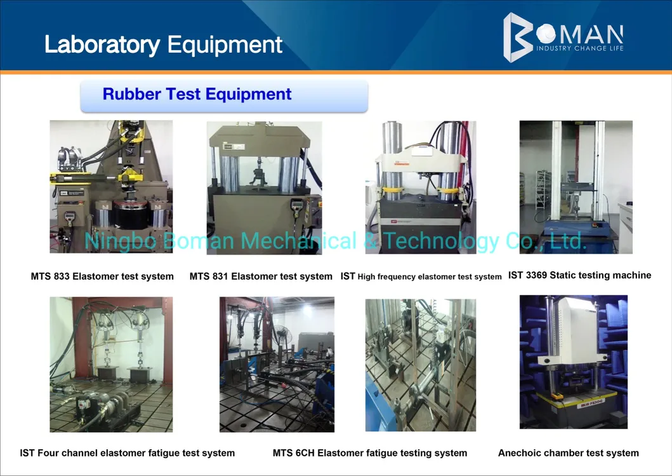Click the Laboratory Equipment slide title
coord(163,45)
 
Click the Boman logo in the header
coord(563,37)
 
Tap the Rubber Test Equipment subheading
coord(197,94)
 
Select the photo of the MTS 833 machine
coord(112,187)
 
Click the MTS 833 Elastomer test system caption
coord(102,276)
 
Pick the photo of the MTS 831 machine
coord(264,188)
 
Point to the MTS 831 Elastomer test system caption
coord(261,276)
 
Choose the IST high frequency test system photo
coord(421,187)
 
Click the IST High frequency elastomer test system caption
coord(421,277)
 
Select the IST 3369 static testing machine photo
coord(576,187)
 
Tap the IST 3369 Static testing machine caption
coord(580,275)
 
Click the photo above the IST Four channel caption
coord(112,364)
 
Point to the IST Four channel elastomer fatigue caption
coord(128,453)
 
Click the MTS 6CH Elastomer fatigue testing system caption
coord(370,453)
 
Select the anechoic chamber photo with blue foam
coord(574,362)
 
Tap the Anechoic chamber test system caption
coord(569,453)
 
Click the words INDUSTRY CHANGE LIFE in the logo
coord(580,48)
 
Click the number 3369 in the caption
coord(537,275)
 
